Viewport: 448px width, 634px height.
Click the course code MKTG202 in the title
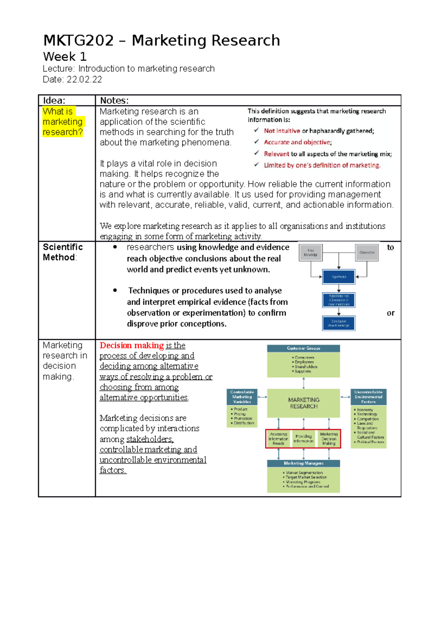78,40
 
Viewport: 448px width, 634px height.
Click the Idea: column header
54,100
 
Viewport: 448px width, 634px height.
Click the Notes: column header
114,100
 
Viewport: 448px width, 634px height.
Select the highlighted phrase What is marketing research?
62,122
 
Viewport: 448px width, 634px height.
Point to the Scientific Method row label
62,252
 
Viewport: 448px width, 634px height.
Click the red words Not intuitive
282,131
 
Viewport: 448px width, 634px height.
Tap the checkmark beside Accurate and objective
256,142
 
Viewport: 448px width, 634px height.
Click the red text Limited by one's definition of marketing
322,165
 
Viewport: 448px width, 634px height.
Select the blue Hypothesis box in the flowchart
339,277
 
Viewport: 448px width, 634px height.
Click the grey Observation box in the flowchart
367,253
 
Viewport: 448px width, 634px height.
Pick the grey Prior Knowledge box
311,253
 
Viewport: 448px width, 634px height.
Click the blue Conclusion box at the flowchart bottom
339,323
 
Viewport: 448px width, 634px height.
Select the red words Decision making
131,345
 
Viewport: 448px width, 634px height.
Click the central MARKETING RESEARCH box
304,403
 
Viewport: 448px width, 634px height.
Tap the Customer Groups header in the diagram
304,348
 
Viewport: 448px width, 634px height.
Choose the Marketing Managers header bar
304,463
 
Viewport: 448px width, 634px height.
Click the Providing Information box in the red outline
304,439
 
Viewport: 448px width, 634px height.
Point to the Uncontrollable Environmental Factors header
368,397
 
